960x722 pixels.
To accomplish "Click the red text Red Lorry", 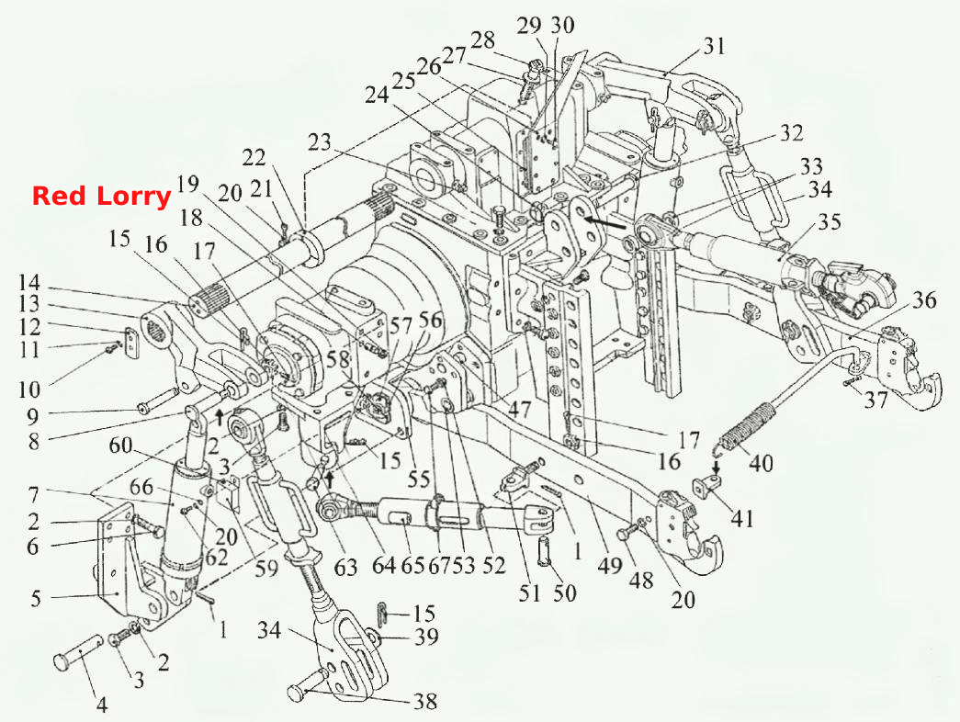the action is [102, 196].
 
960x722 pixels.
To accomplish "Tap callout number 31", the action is [714, 46].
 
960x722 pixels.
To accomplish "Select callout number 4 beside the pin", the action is [102, 705].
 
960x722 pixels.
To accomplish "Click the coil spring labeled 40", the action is [747, 423].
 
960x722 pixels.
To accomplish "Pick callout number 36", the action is [924, 301].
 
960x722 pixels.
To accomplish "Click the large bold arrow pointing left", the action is [604, 221].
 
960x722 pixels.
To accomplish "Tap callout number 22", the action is [254, 158].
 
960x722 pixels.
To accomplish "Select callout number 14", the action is [28, 283].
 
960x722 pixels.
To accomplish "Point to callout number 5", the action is [36, 598].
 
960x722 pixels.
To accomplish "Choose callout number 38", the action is [425, 701].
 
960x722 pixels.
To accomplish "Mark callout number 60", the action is [120, 446].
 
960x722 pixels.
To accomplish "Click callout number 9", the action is [32, 416].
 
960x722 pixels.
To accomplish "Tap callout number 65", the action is [412, 565].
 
